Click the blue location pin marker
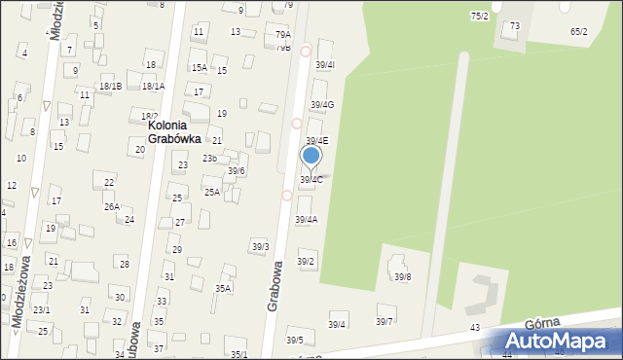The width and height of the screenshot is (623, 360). (x=311, y=156)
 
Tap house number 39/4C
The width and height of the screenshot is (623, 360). (x=311, y=180)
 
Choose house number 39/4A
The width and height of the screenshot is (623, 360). (x=306, y=220)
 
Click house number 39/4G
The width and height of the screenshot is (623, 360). (x=322, y=105)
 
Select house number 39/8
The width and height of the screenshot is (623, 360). (x=402, y=277)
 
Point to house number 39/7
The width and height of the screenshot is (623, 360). (x=385, y=321)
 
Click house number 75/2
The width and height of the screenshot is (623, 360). (x=479, y=17)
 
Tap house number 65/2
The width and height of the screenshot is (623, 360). (x=579, y=31)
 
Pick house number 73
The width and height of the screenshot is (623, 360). (x=514, y=25)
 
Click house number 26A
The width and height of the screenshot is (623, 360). (x=112, y=206)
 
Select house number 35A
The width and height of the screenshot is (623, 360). (x=223, y=288)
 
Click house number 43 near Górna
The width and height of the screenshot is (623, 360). (x=475, y=328)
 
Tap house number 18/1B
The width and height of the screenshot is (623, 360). (x=110, y=87)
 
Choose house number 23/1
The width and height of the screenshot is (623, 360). (x=41, y=309)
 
